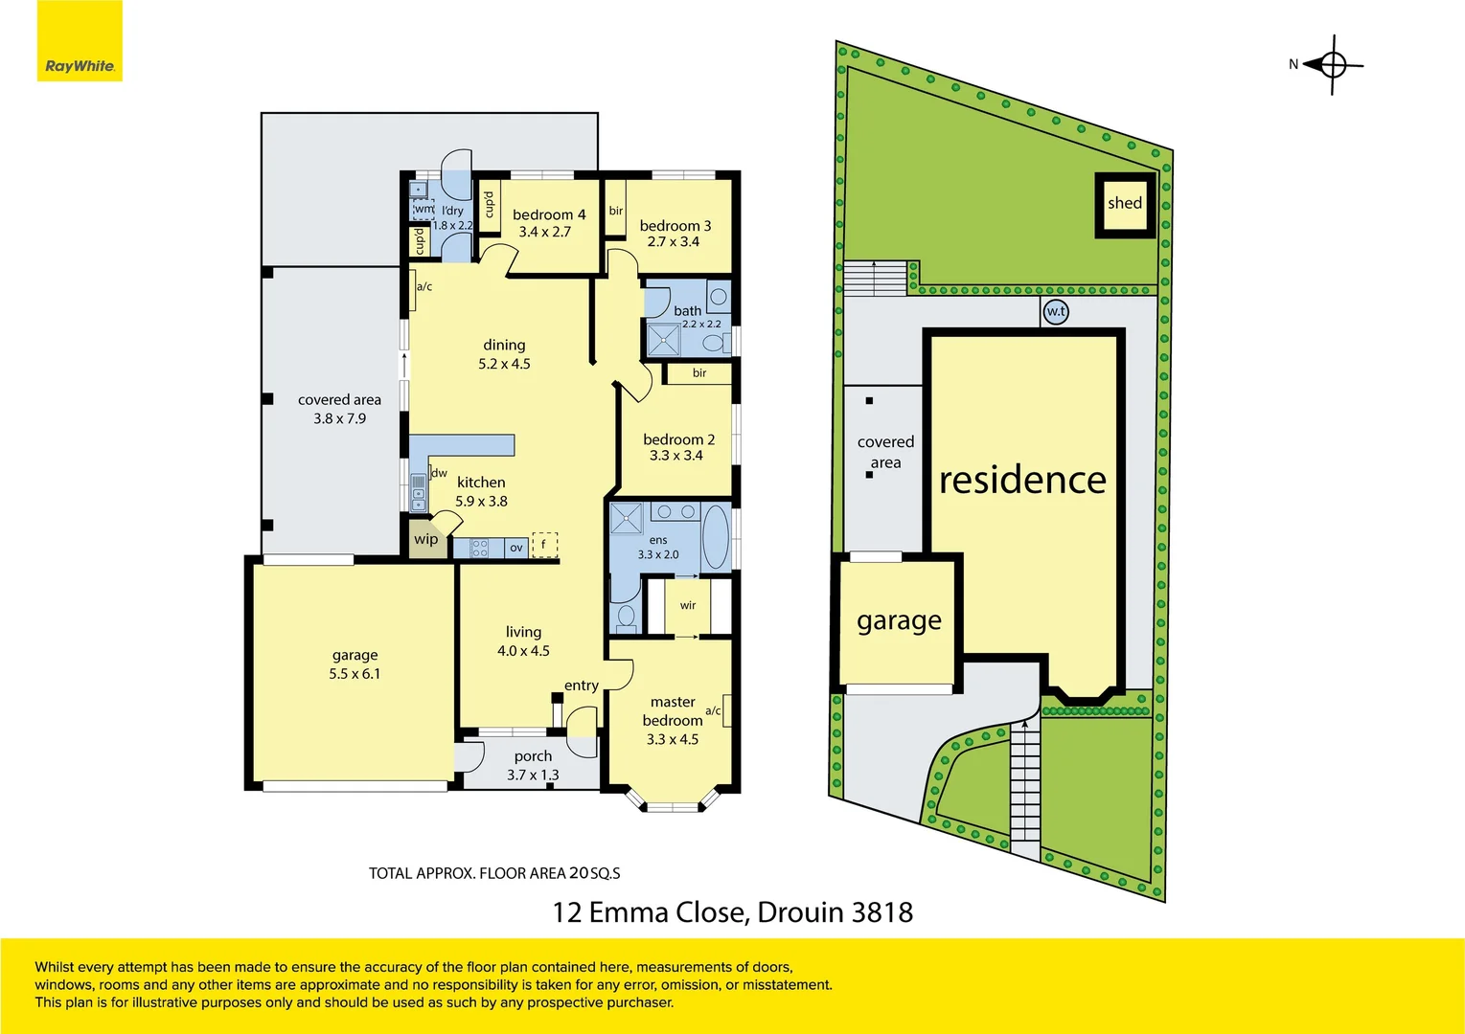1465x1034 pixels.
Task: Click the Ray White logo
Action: (80, 65)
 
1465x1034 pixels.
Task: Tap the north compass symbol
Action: (1332, 65)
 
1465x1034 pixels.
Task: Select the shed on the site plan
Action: (1125, 204)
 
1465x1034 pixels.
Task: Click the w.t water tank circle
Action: (1055, 311)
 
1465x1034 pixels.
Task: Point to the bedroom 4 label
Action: (548, 214)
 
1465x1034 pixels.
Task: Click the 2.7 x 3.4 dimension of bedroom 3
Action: (673, 242)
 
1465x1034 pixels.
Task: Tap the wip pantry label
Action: (425, 539)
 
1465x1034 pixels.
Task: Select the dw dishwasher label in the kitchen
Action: (439, 473)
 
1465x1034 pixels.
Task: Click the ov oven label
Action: (515, 548)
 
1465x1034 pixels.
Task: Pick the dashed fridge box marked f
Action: (544, 545)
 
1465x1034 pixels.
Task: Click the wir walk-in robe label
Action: (688, 605)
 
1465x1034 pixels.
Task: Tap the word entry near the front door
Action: (581, 686)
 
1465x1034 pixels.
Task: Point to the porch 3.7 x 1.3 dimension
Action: (533, 775)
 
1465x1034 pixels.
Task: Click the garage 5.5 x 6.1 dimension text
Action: (355, 674)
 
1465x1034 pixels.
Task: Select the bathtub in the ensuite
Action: (715, 536)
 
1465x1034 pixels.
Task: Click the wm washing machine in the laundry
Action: (423, 209)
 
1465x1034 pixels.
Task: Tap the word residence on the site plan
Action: (1022, 480)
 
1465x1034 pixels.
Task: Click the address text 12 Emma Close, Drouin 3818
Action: (732, 912)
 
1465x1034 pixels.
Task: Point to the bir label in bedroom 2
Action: (699, 372)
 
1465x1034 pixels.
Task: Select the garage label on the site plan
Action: (899, 621)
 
